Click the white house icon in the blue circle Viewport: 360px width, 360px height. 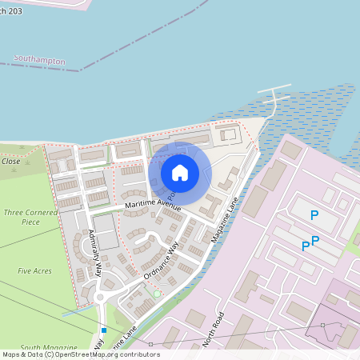(x=180, y=172)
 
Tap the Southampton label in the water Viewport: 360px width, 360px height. (x=38, y=59)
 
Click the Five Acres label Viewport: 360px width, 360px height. (x=34, y=271)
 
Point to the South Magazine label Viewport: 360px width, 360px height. (x=42, y=348)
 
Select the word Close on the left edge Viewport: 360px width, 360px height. (x=11, y=161)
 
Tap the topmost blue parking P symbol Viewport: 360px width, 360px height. (x=314, y=215)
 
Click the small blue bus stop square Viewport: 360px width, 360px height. (x=104, y=330)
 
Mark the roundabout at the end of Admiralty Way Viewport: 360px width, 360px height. (x=101, y=298)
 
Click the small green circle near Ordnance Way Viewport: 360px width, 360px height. (x=157, y=294)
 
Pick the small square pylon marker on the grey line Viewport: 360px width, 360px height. (x=323, y=325)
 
